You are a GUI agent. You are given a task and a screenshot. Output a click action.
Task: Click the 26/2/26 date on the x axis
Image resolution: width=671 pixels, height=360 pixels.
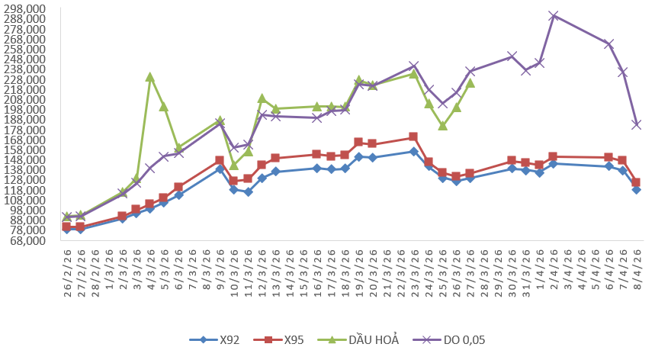click(x=67, y=265)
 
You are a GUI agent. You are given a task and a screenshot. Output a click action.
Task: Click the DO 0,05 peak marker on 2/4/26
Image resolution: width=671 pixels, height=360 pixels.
click(x=554, y=15)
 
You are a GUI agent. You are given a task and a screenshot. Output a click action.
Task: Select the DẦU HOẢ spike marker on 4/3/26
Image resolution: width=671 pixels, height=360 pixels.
click(x=150, y=77)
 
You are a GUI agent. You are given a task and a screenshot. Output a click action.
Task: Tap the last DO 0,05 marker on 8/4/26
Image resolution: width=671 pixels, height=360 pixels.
click(x=636, y=124)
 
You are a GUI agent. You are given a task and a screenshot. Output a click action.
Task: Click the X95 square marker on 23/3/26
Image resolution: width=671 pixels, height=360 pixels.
click(x=413, y=137)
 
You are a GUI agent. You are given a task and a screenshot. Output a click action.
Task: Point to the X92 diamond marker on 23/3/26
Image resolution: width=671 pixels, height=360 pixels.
click(x=413, y=151)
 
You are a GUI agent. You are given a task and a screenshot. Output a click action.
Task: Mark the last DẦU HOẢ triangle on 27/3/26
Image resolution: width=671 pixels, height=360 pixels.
click(x=470, y=83)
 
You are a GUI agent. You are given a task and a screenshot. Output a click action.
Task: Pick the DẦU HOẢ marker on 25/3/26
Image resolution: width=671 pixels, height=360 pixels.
click(x=442, y=126)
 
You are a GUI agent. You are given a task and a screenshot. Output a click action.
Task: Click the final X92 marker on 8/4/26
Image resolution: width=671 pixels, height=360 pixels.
click(x=636, y=189)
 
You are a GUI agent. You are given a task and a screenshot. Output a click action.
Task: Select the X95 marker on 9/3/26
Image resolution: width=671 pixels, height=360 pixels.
click(x=220, y=161)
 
